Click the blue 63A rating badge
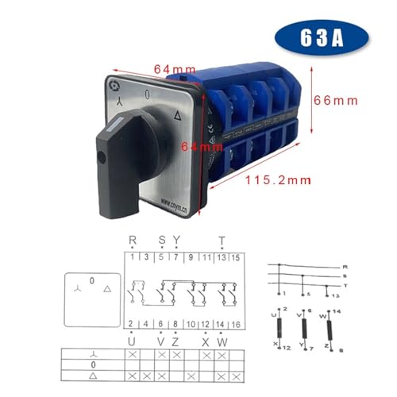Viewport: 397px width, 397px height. (322, 37)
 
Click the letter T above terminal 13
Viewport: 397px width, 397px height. (222, 240)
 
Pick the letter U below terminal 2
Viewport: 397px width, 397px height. (131, 341)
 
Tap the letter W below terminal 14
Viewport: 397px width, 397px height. (222, 341)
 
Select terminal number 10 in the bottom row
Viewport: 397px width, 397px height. (191, 324)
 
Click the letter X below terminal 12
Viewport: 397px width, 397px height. (206, 341)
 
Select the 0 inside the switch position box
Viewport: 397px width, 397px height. (92, 280)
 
